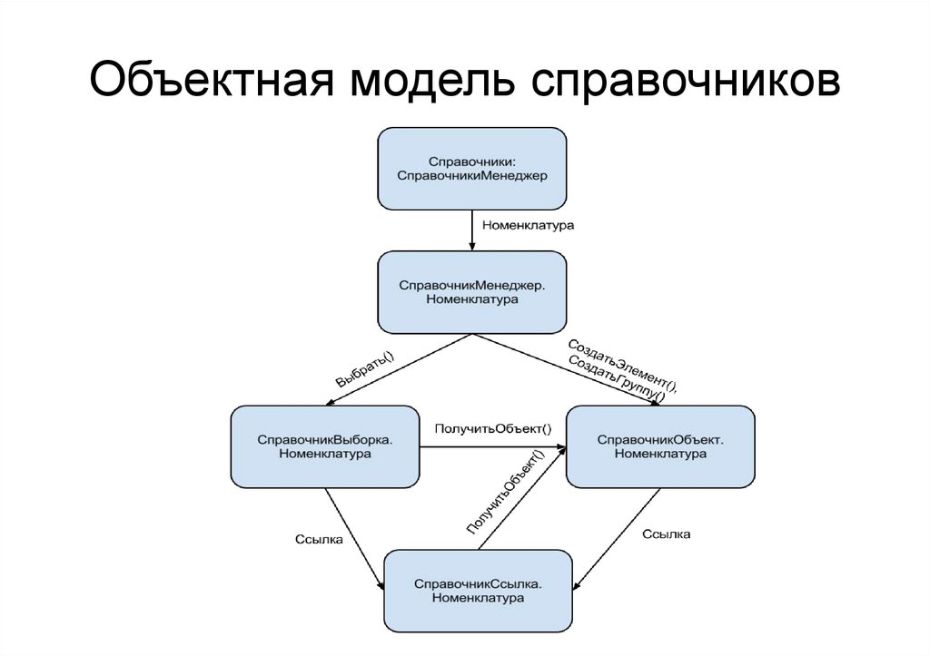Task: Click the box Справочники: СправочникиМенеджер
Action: coord(472,168)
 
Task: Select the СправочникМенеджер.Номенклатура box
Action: coord(472,292)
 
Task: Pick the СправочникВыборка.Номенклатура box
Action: coord(325,446)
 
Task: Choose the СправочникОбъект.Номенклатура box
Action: coord(660,446)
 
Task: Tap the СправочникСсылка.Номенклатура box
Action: coord(478,591)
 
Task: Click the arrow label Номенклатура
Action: coord(529,223)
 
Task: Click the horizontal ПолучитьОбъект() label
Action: coord(493,428)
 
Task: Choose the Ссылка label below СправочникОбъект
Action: coord(666,534)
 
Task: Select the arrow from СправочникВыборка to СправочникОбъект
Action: coord(493,446)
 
